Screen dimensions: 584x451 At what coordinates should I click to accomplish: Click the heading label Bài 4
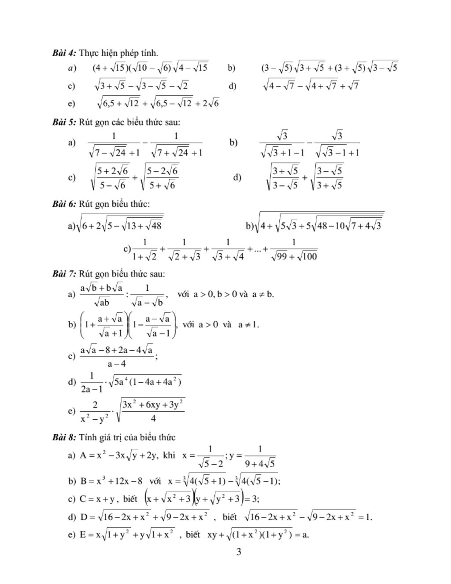coord(64,53)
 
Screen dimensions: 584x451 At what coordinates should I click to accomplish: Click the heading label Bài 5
coord(64,122)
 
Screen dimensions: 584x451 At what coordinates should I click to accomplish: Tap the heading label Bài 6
coord(64,204)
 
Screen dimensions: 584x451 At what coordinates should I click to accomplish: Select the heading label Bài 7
coord(64,274)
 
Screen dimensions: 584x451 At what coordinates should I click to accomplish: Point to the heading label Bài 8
coord(64,437)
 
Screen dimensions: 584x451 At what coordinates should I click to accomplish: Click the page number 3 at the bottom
coord(239,552)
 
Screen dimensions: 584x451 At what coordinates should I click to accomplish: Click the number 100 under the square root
coord(309,256)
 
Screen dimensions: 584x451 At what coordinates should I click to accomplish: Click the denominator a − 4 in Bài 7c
coord(117,364)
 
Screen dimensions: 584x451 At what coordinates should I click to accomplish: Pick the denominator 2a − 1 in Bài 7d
coord(92,389)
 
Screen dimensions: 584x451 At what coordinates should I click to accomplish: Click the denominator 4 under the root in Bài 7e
coord(153,418)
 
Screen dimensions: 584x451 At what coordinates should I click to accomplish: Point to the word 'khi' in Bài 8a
coord(169,455)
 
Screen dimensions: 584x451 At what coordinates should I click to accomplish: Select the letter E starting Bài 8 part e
coord(83,535)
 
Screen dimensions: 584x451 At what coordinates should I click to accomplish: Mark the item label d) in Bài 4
coord(233,86)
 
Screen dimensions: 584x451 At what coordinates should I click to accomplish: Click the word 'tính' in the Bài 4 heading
coord(150,53)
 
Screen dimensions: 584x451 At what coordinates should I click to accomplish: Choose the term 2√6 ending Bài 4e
coord(211,104)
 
